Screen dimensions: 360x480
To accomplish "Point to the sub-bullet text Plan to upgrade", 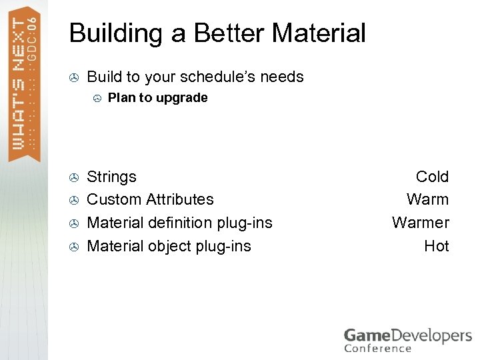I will coord(157,98).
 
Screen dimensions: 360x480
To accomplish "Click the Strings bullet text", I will coord(111,177).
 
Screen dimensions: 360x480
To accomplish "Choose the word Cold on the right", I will coord(432,177).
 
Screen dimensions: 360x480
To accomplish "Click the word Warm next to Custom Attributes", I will coord(427,199).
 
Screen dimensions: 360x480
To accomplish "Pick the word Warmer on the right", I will coord(420,223).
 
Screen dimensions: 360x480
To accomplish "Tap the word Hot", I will coord(436,246).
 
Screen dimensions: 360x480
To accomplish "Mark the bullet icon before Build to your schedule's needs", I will coord(75,78).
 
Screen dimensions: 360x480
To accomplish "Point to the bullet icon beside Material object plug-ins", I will coord(75,247).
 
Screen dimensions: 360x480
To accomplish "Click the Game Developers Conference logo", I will coord(407,339).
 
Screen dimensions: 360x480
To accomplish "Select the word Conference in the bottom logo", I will coord(378,348).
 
